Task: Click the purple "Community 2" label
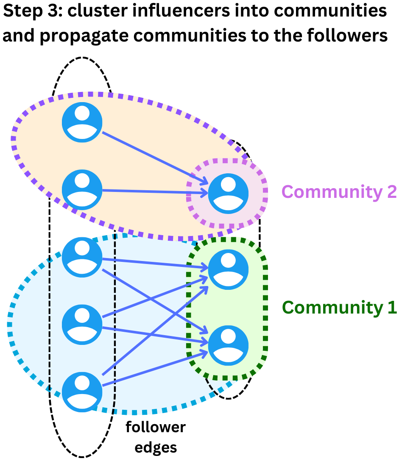click(x=339, y=192)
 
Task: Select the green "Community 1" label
click(x=339, y=307)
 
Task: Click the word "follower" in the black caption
click(x=156, y=427)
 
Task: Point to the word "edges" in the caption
click(x=156, y=447)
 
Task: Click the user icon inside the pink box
click(x=228, y=193)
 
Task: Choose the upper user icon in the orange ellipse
click(x=82, y=122)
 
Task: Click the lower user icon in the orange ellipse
click(x=82, y=190)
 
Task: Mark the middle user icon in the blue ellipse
click(x=82, y=325)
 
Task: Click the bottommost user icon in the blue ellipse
click(x=82, y=392)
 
